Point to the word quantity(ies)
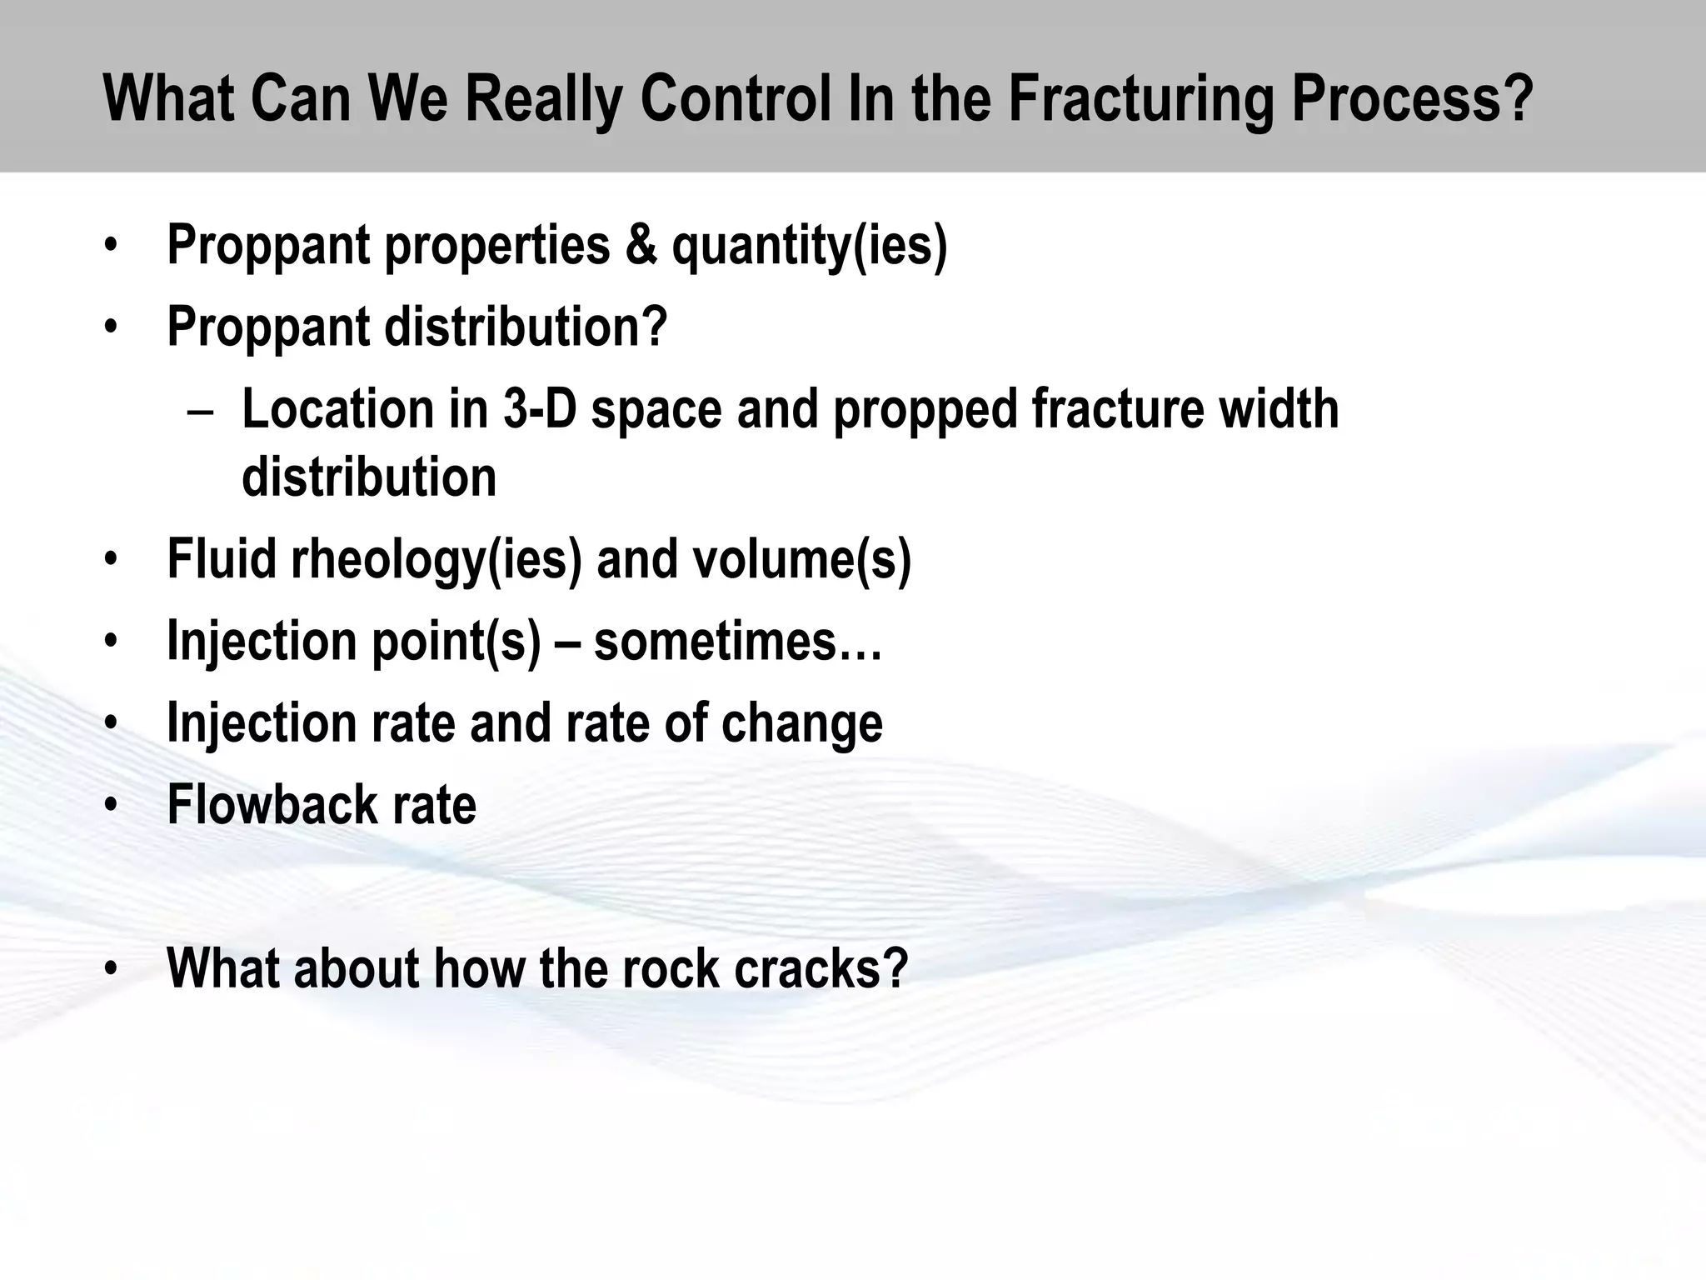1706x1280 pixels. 809,247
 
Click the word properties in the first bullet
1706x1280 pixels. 497,247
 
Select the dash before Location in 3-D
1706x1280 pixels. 201,411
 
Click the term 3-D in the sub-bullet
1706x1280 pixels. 539,409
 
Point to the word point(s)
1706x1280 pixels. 456,642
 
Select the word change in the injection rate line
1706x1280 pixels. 801,723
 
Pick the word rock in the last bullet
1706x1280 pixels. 660,968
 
